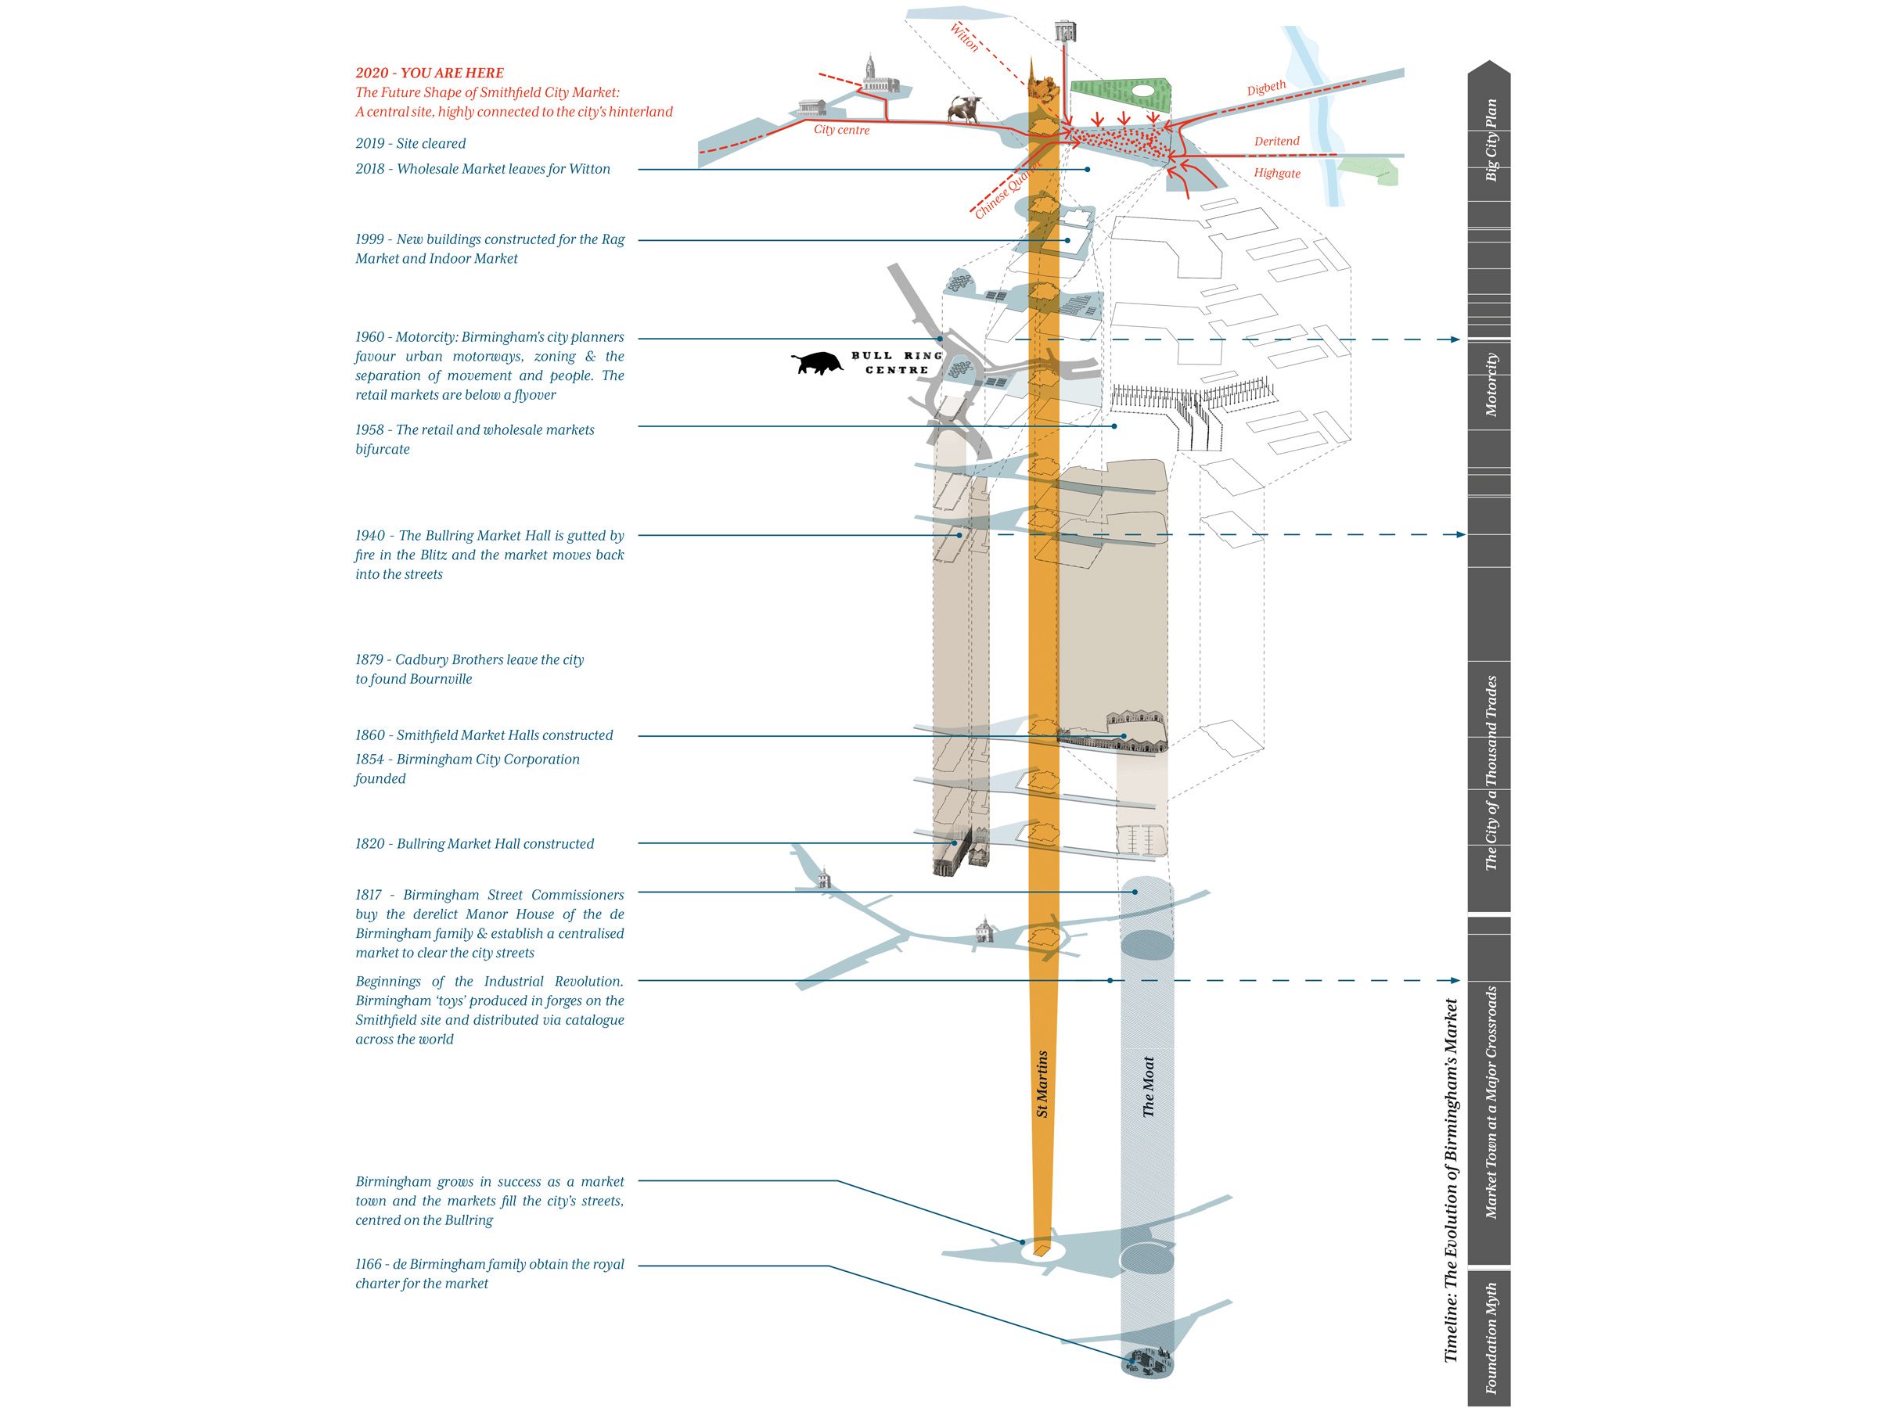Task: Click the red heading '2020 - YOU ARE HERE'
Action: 430,73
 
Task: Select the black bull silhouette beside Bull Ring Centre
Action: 817,363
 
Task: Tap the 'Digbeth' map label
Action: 1266,88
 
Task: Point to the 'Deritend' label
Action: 1276,141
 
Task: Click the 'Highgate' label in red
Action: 1277,173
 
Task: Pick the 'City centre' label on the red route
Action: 841,130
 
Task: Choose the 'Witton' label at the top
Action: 965,38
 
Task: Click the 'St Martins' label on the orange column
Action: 1042,1084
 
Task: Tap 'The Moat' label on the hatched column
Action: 1148,1087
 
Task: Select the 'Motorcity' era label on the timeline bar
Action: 1491,385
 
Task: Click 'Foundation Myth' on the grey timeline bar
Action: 1491,1338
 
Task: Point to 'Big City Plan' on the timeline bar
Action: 1491,140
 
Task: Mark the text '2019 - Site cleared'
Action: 410,143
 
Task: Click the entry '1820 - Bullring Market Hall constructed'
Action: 473,843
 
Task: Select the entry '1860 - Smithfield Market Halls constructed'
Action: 484,735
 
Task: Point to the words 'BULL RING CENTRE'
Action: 898,362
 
